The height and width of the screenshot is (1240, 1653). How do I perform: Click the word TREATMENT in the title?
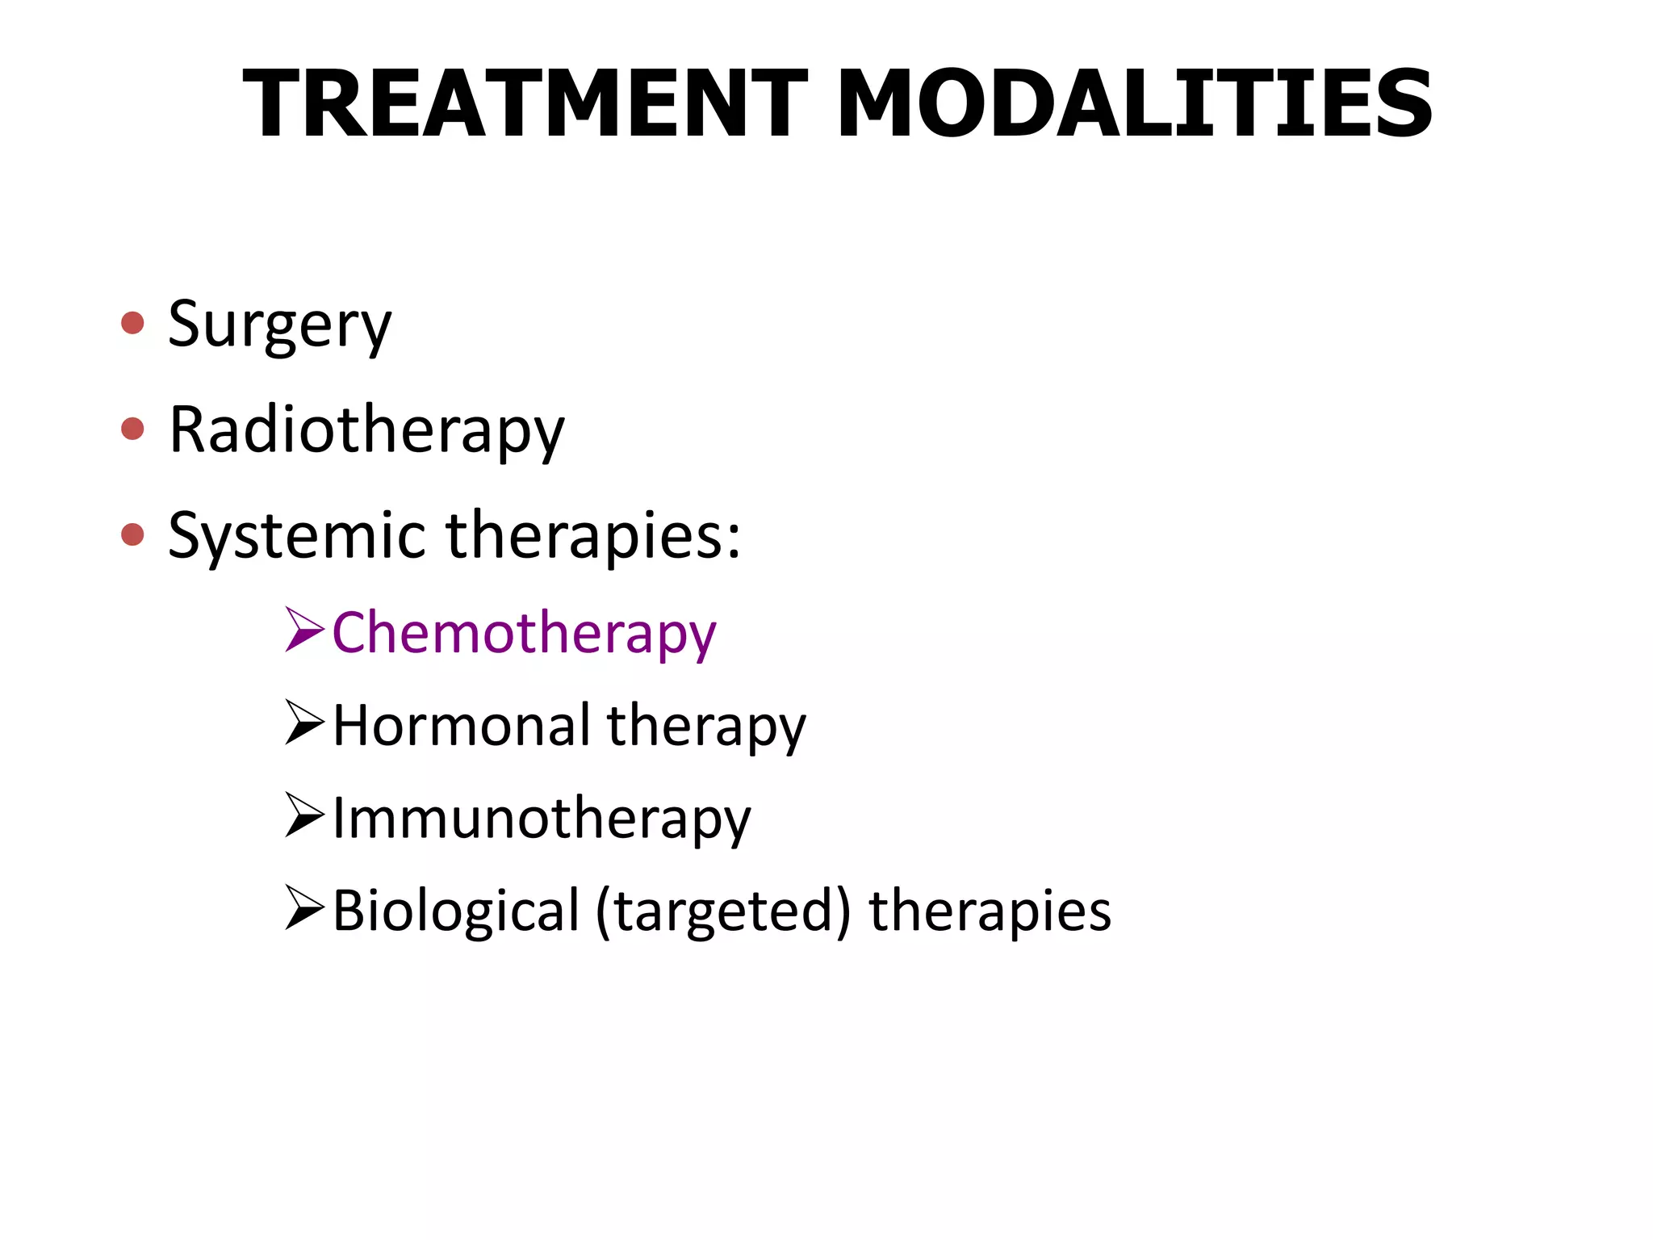525,105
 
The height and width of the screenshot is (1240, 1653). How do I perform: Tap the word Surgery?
279,325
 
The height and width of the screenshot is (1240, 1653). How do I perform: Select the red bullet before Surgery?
132,324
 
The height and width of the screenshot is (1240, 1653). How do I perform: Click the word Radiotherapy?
366,430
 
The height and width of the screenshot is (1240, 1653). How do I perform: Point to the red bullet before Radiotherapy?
132,429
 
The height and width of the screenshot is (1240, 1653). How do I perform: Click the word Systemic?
296,535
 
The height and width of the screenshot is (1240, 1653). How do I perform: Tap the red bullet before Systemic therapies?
132,534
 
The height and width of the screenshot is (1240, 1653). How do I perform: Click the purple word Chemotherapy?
524,633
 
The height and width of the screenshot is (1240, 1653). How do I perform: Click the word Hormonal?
462,725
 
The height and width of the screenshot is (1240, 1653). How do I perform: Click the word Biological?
456,911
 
